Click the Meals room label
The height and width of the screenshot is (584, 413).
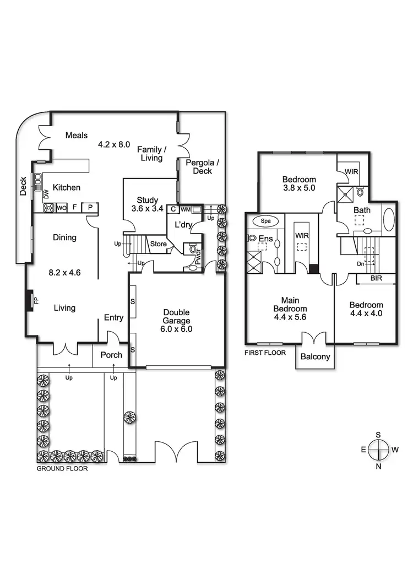pos(77,135)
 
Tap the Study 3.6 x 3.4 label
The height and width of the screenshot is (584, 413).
pos(145,204)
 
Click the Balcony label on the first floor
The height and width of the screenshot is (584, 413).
pos(315,356)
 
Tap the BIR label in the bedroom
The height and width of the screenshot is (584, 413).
pos(376,279)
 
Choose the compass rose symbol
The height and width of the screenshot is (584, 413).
pos(378,450)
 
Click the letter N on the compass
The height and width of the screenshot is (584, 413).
pos(378,467)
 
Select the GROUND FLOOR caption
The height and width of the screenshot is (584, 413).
pos(62,469)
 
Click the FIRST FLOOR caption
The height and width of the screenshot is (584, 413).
pos(265,352)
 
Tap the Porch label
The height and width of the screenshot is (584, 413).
pos(111,355)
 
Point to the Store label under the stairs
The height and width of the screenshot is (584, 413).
pos(159,244)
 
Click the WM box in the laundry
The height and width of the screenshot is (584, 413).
pos(184,209)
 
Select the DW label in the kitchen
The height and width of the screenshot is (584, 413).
pos(46,194)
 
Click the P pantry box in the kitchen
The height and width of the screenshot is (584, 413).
pos(89,208)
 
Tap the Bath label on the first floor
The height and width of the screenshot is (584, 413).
pos(362,210)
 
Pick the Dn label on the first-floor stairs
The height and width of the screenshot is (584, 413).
pos(361,264)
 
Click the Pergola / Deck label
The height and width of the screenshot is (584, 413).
pos(202,166)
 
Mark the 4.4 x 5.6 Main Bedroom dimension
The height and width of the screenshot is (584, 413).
pos(290,317)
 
